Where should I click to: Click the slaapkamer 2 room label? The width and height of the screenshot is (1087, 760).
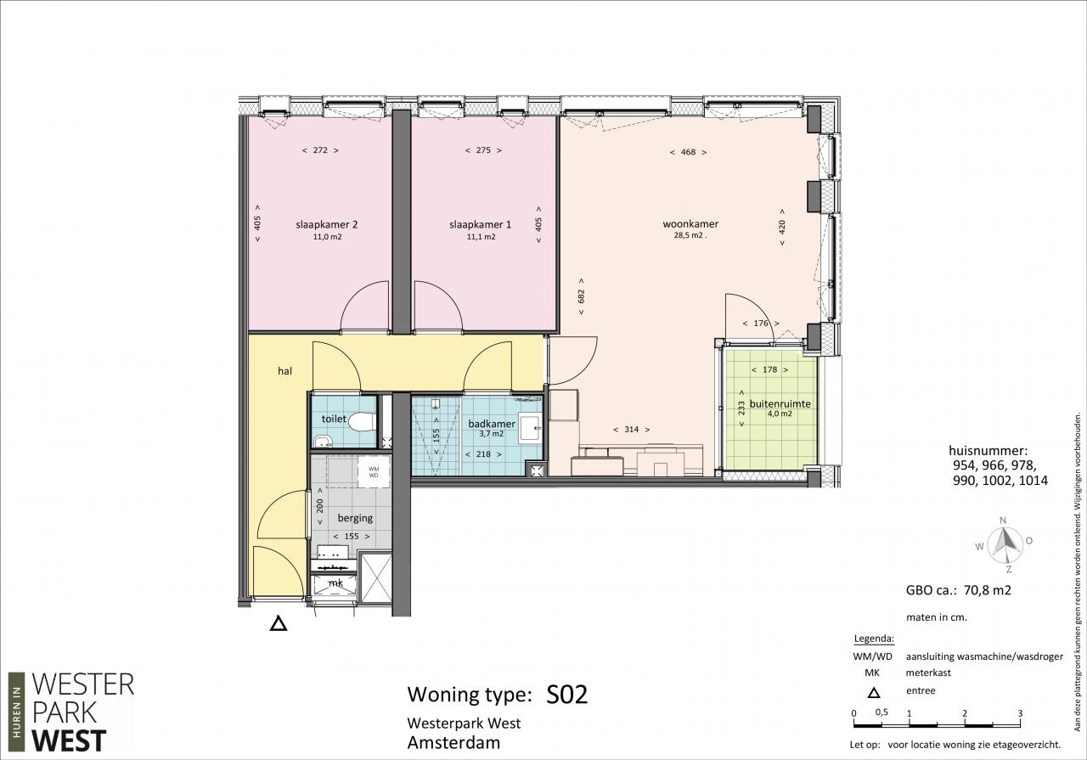pyautogui.click(x=327, y=225)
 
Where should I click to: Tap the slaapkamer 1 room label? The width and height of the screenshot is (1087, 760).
pyautogui.click(x=480, y=225)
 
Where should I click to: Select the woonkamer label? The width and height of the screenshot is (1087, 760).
pyautogui.click(x=690, y=224)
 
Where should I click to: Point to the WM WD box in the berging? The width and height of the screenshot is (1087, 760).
pyautogui.click(x=374, y=472)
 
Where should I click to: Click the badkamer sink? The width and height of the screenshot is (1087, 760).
pyautogui.click(x=530, y=428)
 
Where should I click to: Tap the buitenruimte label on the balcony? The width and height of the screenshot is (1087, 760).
pyautogui.click(x=780, y=404)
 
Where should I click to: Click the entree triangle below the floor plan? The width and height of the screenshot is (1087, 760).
pyautogui.click(x=278, y=623)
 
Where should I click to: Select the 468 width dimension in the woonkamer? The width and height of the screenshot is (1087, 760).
pyautogui.click(x=688, y=152)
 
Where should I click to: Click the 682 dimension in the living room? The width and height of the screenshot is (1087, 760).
pyautogui.click(x=581, y=296)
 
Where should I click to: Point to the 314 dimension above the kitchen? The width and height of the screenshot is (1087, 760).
pyautogui.click(x=631, y=430)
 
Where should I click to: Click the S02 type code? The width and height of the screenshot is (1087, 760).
pyautogui.click(x=566, y=695)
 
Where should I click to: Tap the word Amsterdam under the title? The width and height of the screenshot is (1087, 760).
pyautogui.click(x=453, y=742)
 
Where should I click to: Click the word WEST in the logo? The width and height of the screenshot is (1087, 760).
pyautogui.click(x=69, y=740)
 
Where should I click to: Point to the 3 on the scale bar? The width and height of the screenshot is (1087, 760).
pyautogui.click(x=1020, y=713)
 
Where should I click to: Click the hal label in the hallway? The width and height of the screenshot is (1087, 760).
pyautogui.click(x=284, y=371)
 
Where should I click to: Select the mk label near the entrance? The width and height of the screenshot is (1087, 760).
pyautogui.click(x=335, y=583)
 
